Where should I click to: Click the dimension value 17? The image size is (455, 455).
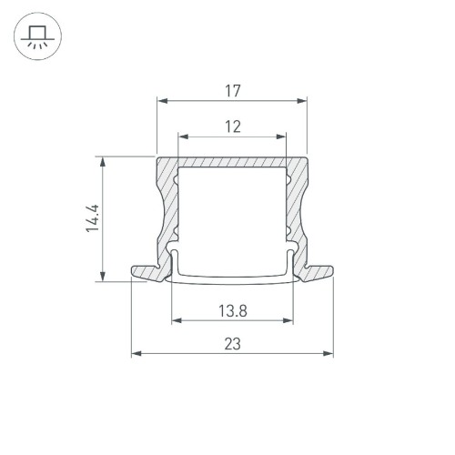231,90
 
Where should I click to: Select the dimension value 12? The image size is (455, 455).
231,127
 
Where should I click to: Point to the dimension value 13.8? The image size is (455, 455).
231,310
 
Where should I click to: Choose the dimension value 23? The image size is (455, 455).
231,343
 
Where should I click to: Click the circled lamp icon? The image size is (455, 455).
36,37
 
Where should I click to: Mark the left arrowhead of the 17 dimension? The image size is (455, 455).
161,101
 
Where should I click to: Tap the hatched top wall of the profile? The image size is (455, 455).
231,161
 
